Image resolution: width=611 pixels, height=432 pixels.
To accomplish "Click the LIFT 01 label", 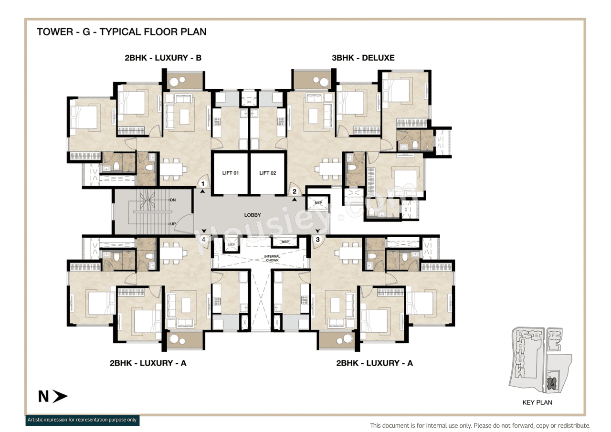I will pos(230,173).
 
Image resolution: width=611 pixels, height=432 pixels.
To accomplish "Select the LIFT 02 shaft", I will pos(267,173).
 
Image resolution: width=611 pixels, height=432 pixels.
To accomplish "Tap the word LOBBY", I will pos(252,215).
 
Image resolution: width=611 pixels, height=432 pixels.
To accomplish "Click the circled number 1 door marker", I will pos(203,183).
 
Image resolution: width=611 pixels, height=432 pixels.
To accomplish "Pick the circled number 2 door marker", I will pos(295,191).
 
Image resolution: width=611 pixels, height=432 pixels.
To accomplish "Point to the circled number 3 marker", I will pos(317,239).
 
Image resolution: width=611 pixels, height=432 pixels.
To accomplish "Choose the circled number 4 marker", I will pos(204,240).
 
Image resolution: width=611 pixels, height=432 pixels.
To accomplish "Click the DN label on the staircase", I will pos(173,200).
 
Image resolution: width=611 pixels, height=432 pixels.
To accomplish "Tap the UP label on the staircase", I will pos(173,223).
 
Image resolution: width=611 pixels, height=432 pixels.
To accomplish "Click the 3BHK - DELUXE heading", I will pos(363,58).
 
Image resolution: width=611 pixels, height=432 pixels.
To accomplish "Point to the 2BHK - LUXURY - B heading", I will pos(163,58).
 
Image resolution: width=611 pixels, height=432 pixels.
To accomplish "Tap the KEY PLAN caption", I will pos(537,402).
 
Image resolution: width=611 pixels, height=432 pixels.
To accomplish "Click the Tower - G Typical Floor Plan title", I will pos(122,32).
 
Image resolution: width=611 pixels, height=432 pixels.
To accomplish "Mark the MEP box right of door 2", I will pos(318,202).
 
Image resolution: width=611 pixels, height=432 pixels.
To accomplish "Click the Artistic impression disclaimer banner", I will pos(82,420).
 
